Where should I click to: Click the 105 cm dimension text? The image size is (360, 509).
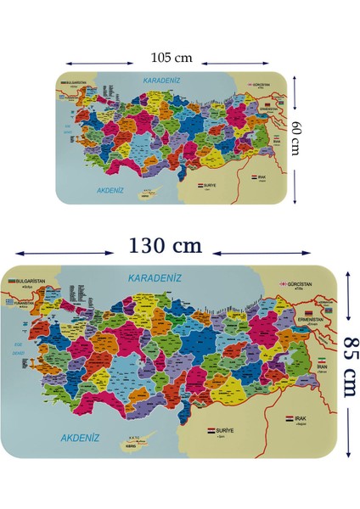coord(172,59)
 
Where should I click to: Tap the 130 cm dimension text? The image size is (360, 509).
coord(165,246)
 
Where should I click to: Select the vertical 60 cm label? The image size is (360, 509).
coord(297,137)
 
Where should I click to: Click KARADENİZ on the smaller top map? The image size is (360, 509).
coord(163,80)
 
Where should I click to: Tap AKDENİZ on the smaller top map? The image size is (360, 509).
coord(112,191)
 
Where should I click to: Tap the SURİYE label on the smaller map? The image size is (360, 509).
coord(212,184)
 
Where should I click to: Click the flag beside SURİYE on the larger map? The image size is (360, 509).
coord(211,431)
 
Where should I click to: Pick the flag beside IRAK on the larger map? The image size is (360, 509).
coord(290,419)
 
